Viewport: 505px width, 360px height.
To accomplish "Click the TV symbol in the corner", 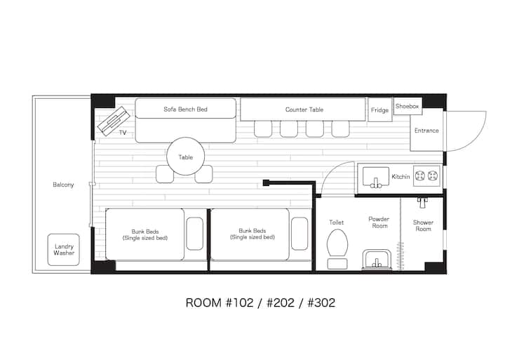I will click(x=113, y=121).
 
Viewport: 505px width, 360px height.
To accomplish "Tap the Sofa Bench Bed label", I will click(x=185, y=109).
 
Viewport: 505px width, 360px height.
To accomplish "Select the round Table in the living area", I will click(x=185, y=157).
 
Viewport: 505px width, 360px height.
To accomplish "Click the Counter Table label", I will click(x=304, y=109).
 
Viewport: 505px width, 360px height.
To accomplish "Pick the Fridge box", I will click(x=380, y=109).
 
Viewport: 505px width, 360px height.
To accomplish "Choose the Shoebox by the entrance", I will click(x=408, y=106).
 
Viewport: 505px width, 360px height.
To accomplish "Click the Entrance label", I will click(x=426, y=131).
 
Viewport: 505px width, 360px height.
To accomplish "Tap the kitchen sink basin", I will click(x=376, y=177).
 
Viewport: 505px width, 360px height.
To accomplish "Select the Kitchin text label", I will click(x=400, y=177).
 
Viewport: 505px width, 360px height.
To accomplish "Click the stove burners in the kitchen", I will click(x=427, y=176).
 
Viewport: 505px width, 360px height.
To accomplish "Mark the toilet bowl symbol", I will click(x=337, y=244).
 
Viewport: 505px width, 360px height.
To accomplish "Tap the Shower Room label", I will click(x=423, y=226).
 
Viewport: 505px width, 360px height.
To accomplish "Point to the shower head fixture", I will click(x=423, y=203).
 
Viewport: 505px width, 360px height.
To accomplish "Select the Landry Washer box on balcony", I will click(x=64, y=249).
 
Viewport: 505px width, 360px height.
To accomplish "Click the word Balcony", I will click(x=63, y=185).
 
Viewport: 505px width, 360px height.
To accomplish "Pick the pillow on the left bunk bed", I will click(x=194, y=234).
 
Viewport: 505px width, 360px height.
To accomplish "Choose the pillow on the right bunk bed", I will click(x=299, y=234).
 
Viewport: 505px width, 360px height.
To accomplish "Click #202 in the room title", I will click(x=281, y=303).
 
